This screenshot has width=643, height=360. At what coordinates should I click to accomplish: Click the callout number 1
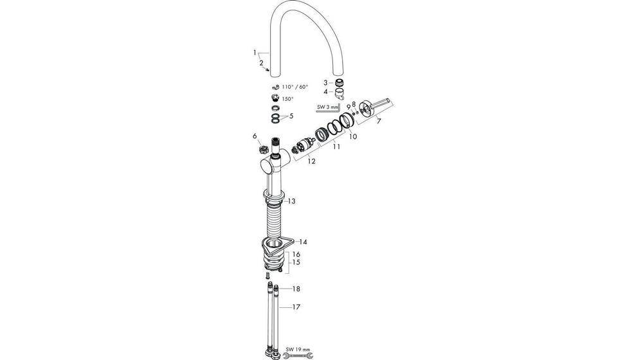tap(255, 52)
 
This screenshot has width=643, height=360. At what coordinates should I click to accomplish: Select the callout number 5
tap(291, 116)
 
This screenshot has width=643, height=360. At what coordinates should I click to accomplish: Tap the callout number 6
tap(255, 136)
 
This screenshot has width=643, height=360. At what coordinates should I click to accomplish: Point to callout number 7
tap(379, 121)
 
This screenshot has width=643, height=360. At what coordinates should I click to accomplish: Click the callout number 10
tap(352, 136)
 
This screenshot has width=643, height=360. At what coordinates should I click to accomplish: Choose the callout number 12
tap(311, 161)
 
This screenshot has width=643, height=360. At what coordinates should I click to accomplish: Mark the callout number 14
tap(303, 242)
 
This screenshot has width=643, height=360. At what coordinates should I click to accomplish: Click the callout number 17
tap(296, 307)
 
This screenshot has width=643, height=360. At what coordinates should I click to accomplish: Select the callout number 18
tap(296, 289)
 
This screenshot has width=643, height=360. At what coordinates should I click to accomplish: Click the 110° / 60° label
tap(294, 86)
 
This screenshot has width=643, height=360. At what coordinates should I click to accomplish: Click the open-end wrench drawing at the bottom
tap(299, 354)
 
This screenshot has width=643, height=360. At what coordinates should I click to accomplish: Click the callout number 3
tap(325, 82)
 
